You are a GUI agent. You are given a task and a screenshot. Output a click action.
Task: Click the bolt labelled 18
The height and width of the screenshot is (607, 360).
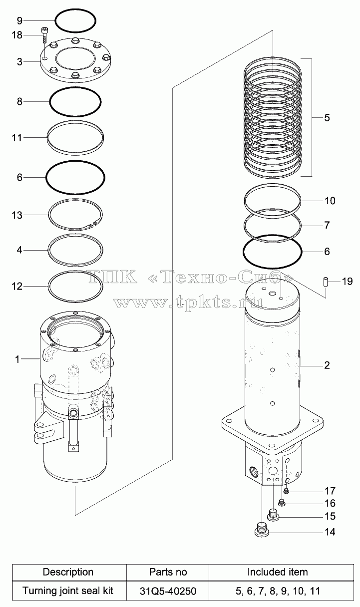[x=44, y=35]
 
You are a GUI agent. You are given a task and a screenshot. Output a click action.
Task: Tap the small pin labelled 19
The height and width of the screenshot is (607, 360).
[x=326, y=282]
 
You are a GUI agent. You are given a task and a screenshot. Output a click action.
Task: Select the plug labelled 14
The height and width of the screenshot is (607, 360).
[x=262, y=530]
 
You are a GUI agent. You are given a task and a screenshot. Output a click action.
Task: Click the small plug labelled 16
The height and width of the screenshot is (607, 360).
[x=282, y=503]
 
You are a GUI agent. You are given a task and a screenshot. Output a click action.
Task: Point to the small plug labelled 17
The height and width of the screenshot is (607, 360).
[x=286, y=491]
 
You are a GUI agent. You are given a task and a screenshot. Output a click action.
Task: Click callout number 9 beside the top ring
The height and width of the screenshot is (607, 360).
[x=19, y=20]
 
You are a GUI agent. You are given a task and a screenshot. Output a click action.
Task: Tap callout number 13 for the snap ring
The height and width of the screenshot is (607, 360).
[x=17, y=215]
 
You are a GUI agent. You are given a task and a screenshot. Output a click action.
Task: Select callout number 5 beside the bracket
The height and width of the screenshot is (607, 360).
[x=327, y=118]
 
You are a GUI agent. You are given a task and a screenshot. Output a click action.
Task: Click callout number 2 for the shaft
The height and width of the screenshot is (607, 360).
[x=327, y=365]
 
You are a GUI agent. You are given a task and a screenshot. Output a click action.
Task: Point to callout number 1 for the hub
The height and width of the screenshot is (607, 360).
[x=17, y=359]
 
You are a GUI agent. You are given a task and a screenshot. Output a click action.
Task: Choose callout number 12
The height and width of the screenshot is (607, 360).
[x=17, y=287]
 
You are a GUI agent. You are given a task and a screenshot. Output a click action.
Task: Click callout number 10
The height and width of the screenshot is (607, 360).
[x=330, y=201]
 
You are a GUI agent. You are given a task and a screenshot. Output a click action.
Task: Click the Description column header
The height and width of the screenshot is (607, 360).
[x=68, y=573]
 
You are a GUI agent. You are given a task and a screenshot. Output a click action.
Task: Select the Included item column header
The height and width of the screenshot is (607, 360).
[x=278, y=573]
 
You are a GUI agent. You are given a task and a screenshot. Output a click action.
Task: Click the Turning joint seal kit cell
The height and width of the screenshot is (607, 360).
[x=68, y=591]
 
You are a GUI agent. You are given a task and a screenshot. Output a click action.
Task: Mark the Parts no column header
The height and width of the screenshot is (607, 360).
[x=168, y=573]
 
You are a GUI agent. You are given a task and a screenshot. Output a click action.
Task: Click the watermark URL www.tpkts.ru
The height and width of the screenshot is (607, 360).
[x=188, y=302]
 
